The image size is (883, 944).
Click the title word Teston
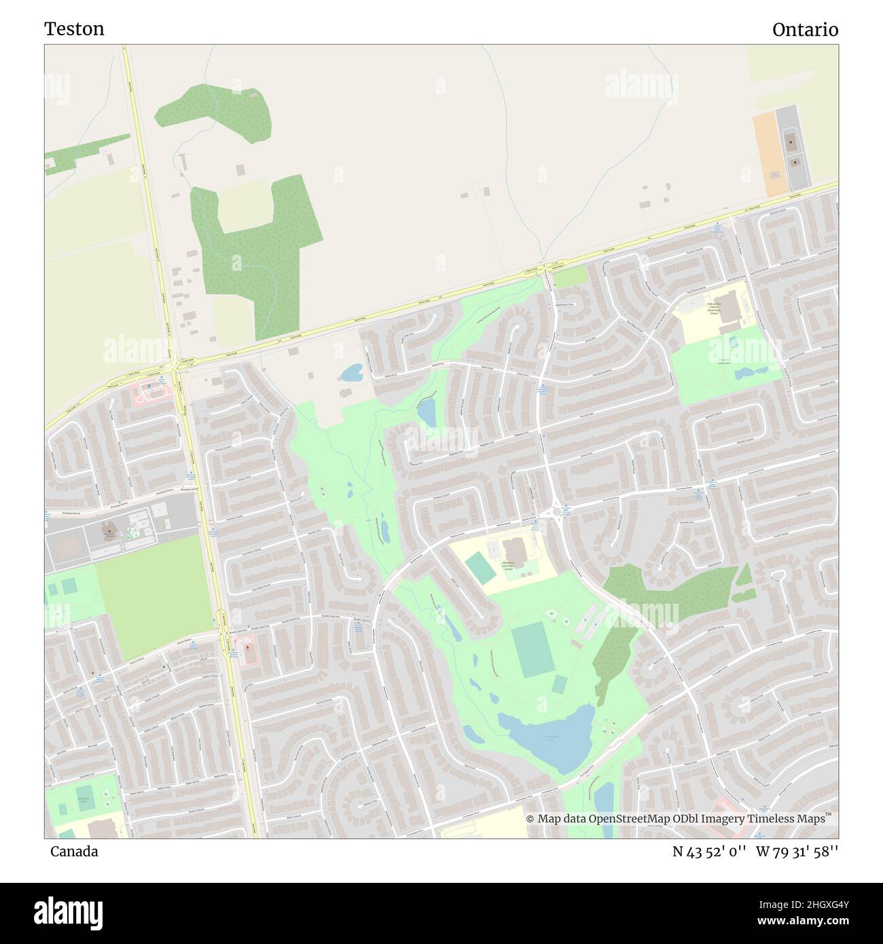74,29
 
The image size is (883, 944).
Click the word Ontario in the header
805,30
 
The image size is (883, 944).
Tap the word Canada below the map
74,852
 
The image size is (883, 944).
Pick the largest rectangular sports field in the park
532,648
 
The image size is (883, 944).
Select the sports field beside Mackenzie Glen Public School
481,568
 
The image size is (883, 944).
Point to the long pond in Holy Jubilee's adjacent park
751,373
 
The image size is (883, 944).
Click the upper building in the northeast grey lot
791,143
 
